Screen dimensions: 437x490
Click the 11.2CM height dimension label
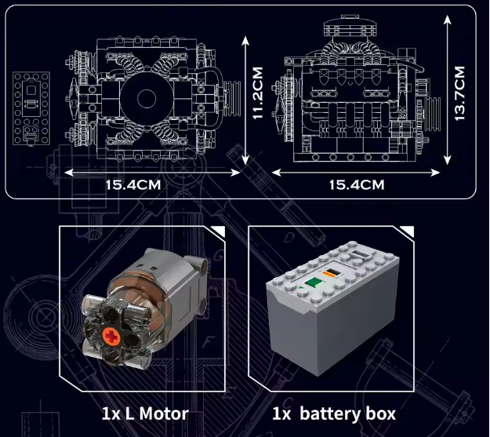(258, 93)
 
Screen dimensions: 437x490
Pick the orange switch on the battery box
(332, 272)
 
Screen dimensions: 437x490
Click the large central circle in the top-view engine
(145, 99)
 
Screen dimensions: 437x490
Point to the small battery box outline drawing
(29, 108)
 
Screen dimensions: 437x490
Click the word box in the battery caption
(379, 413)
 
